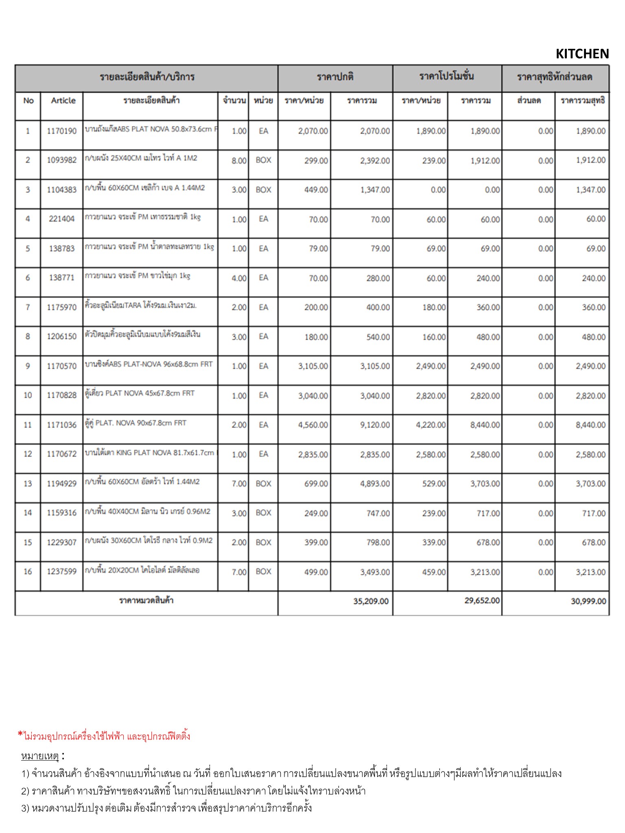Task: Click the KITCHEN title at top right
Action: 582,54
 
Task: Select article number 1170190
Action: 61,131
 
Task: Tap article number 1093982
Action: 61,160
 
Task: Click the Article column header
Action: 63,100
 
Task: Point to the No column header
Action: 28,100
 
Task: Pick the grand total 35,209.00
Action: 371,601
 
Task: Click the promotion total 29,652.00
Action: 482,601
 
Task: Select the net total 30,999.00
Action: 588,601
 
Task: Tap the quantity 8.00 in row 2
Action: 239,161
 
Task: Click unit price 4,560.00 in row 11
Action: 313,425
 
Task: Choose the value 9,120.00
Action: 375,425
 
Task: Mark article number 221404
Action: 61,219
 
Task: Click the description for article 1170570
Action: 149,364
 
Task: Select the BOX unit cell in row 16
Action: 263,571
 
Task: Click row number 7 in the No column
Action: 28,307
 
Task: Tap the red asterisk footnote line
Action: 104,736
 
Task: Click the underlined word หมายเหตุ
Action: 40,756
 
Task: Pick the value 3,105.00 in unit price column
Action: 313,366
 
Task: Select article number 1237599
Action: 61,571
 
